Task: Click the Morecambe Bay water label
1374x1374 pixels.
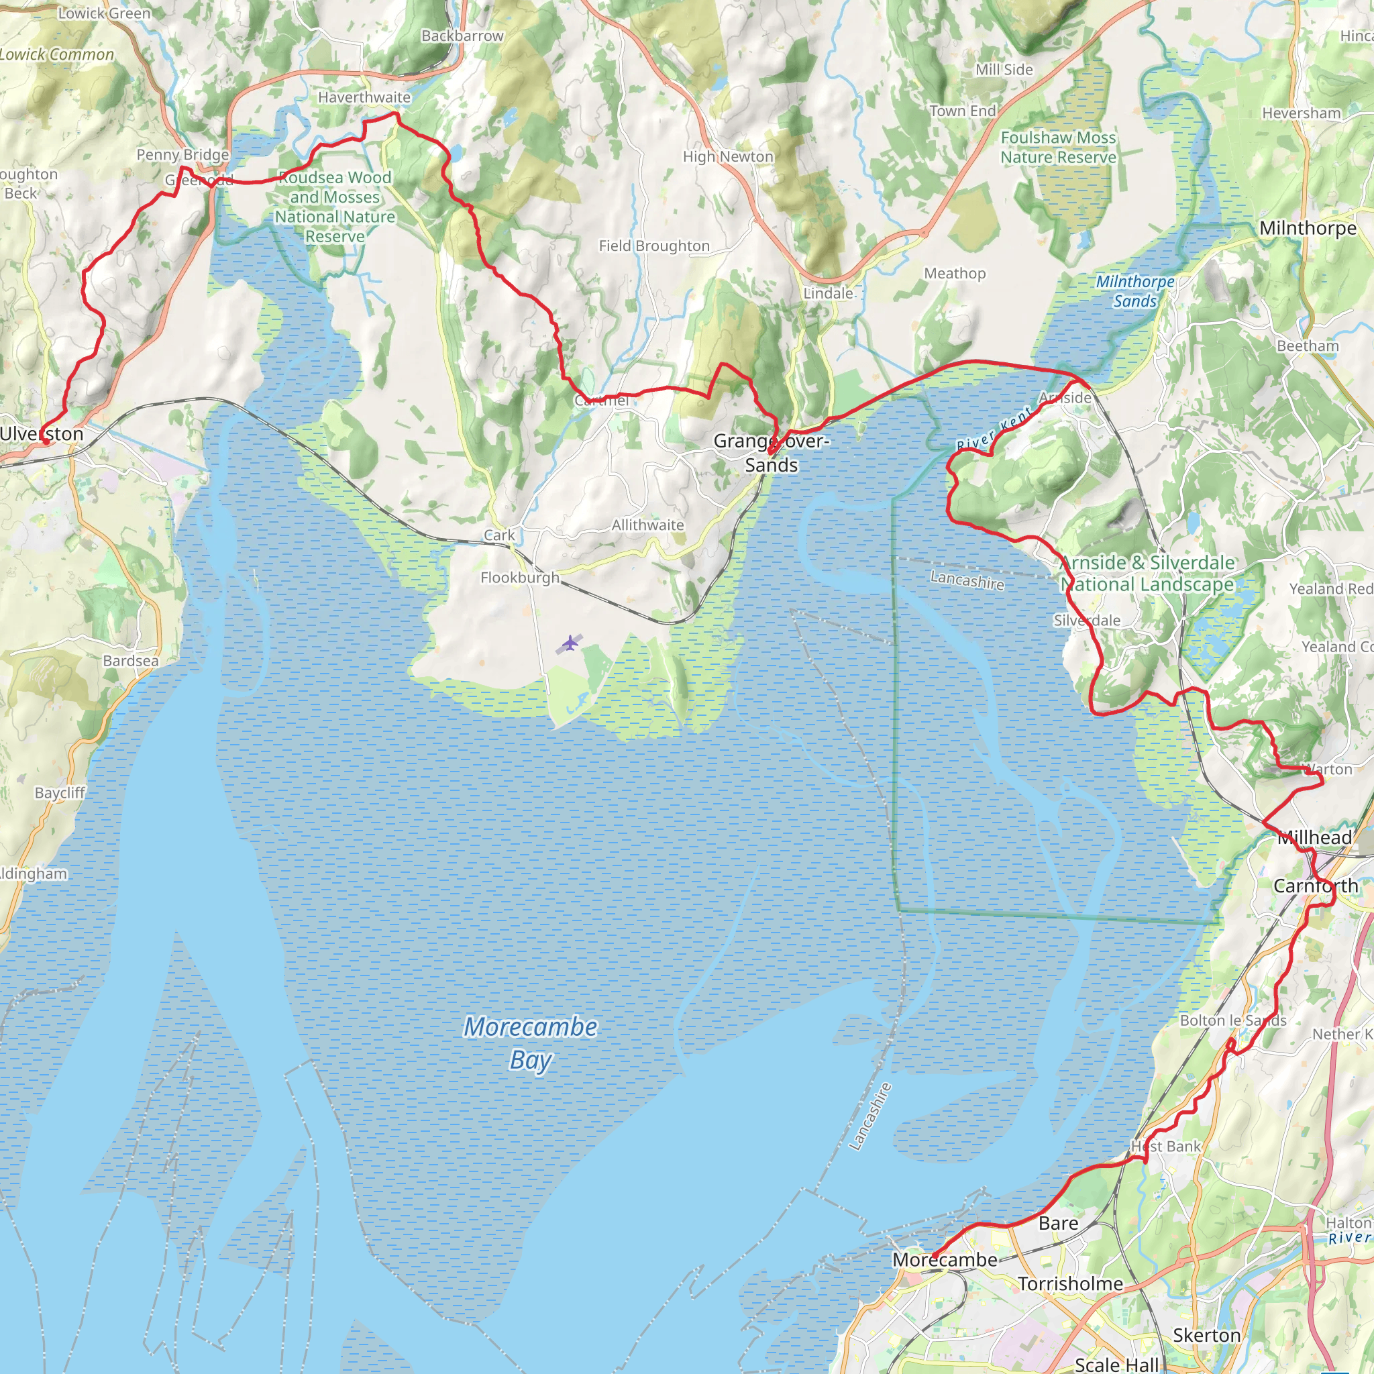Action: [531, 1043]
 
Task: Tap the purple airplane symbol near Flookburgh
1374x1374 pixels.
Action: [570, 644]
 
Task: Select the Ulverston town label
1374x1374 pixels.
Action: [41, 434]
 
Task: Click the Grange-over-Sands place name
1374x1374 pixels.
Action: [771, 452]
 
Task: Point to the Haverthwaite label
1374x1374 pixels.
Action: [364, 97]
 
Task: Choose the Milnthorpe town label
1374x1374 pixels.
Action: [1308, 228]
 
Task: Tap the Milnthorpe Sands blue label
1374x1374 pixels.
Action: [1135, 291]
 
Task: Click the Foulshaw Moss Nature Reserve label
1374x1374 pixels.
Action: [1058, 147]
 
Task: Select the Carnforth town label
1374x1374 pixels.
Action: [1316, 886]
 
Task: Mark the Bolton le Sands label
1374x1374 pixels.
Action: [1233, 1020]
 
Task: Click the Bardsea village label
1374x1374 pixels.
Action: [131, 661]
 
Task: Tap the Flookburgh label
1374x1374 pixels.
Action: [520, 578]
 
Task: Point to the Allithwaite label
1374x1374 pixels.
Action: [647, 525]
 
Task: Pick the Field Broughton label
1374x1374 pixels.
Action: [653, 246]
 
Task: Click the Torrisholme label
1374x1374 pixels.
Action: [1070, 1283]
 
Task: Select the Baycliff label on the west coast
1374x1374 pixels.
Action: [60, 793]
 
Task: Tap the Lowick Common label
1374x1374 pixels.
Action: [57, 55]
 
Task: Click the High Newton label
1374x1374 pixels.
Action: [727, 156]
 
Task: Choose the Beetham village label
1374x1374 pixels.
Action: [1307, 346]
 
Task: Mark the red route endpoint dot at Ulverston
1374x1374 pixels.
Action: [46, 441]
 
